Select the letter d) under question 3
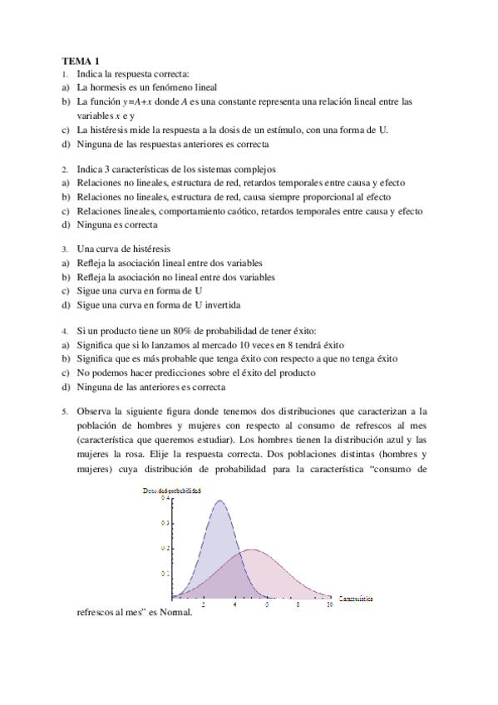(65, 305)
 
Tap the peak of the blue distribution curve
(220, 500)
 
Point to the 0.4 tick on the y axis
(165, 497)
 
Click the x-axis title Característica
(355, 598)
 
